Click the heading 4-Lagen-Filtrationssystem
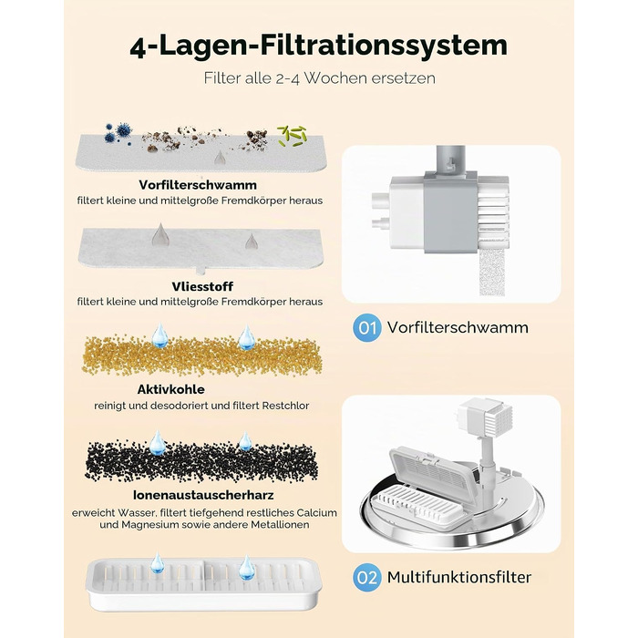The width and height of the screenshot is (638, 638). (319, 46)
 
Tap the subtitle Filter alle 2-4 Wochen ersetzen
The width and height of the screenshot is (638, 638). (319, 77)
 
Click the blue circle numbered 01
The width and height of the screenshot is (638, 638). (367, 327)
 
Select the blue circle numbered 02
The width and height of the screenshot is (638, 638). (367, 577)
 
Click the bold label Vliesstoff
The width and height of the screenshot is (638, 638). (202, 286)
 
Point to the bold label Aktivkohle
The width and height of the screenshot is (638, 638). (171, 389)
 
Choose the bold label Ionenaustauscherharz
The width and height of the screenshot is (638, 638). (203, 495)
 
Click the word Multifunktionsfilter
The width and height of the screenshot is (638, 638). (459, 577)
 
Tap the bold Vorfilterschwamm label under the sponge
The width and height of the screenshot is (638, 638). (198, 185)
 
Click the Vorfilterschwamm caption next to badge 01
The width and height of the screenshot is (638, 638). (458, 327)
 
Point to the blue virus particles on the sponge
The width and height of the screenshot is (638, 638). (118, 133)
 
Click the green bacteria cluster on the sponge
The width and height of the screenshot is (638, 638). (292, 136)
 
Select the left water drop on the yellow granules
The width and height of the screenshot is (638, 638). (159, 335)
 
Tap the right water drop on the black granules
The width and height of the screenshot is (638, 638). (245, 441)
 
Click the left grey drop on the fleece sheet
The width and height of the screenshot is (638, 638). (160, 235)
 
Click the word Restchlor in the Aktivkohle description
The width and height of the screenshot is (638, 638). (285, 406)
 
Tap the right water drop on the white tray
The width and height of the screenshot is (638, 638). (247, 567)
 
